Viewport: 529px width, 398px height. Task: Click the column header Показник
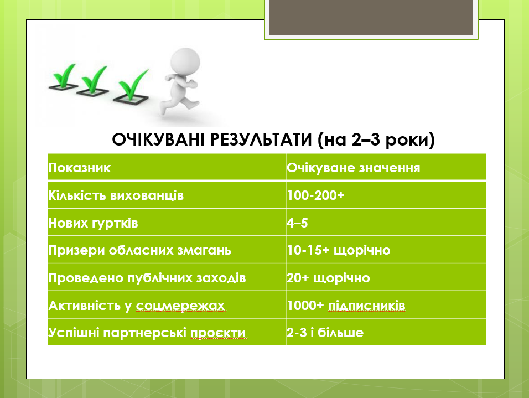pos(80,168)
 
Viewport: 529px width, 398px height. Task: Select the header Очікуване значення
pos(353,168)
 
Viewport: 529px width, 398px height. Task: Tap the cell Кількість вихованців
pos(116,195)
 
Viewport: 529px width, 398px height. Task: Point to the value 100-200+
pos(315,195)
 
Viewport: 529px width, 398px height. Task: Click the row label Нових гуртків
pos(93,223)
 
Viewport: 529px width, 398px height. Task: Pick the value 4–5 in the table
pos(297,223)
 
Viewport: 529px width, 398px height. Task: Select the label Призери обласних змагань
pos(139,251)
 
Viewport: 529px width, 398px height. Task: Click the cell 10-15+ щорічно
pos(339,251)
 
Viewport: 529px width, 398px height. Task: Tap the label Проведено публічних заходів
pos(147,278)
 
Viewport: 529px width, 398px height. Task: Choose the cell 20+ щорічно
pos(328,278)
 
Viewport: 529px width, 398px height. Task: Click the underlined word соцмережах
pos(180,306)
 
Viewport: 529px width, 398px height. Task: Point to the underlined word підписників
pos(367,306)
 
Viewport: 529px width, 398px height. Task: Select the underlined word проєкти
pos(218,333)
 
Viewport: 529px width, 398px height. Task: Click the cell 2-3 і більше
pos(325,333)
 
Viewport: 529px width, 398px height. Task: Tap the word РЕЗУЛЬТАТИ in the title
pos(262,139)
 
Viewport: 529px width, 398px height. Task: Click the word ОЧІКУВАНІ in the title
pos(158,139)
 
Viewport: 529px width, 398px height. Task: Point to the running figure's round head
pos(185,62)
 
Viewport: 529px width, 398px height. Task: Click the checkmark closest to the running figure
pos(132,86)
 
